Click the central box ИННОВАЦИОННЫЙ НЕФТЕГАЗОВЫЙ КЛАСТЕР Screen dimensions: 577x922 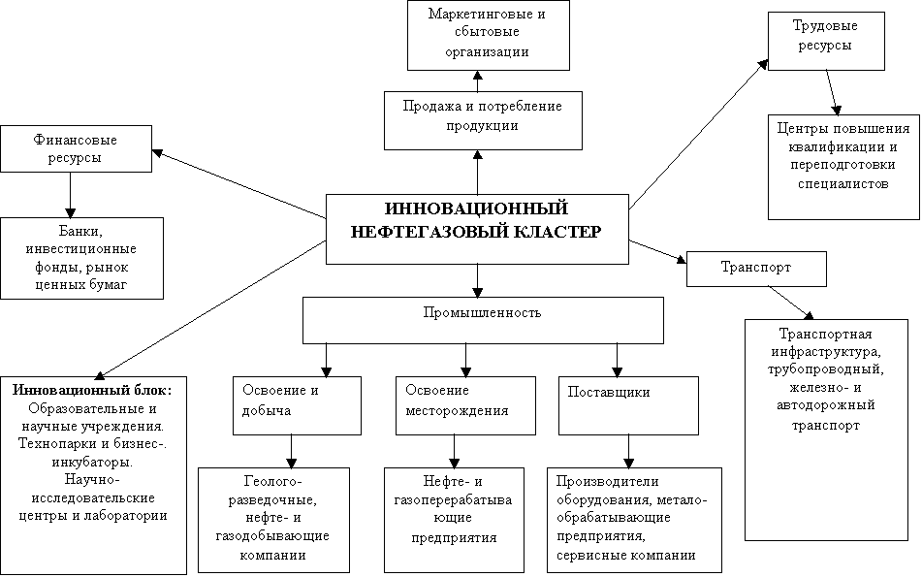coord(476,229)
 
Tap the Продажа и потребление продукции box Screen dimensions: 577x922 coord(482,119)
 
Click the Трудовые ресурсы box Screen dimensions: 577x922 coord(826,40)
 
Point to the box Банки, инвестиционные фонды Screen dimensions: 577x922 coord(80,256)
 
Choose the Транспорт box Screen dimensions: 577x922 coord(755,268)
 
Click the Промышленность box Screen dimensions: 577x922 coord(482,319)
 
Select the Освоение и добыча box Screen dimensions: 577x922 coord(296,404)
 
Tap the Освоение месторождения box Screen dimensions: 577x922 coord(465,404)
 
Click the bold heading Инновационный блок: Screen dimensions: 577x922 coord(93,390)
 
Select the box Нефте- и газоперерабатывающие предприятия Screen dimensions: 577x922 coord(453,519)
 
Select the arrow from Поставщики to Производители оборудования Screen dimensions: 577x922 coord(630,450)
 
